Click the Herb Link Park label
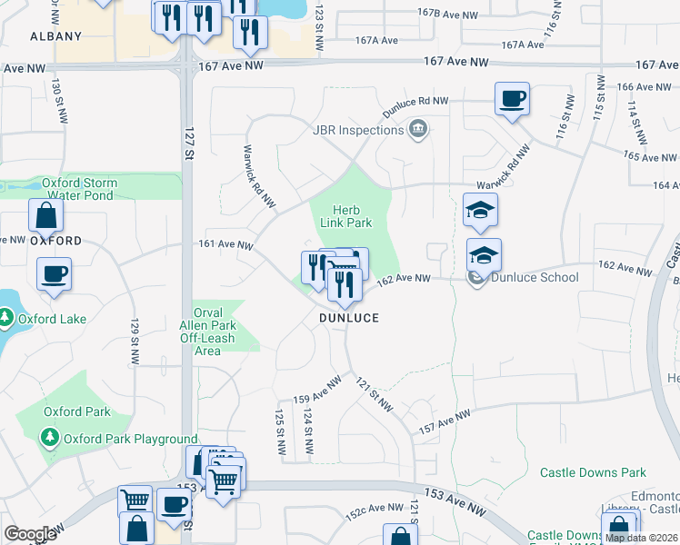(x=346, y=216)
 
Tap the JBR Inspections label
(x=357, y=130)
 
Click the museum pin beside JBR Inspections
(x=418, y=130)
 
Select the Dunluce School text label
(x=535, y=277)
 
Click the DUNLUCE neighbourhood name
(x=348, y=318)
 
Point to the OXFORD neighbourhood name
(x=56, y=241)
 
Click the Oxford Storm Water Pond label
(x=79, y=189)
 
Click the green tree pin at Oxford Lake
(x=6, y=317)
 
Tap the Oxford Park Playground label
(x=127, y=440)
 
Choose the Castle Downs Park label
(x=593, y=472)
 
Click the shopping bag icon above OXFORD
(x=45, y=216)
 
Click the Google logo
(x=30, y=533)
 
